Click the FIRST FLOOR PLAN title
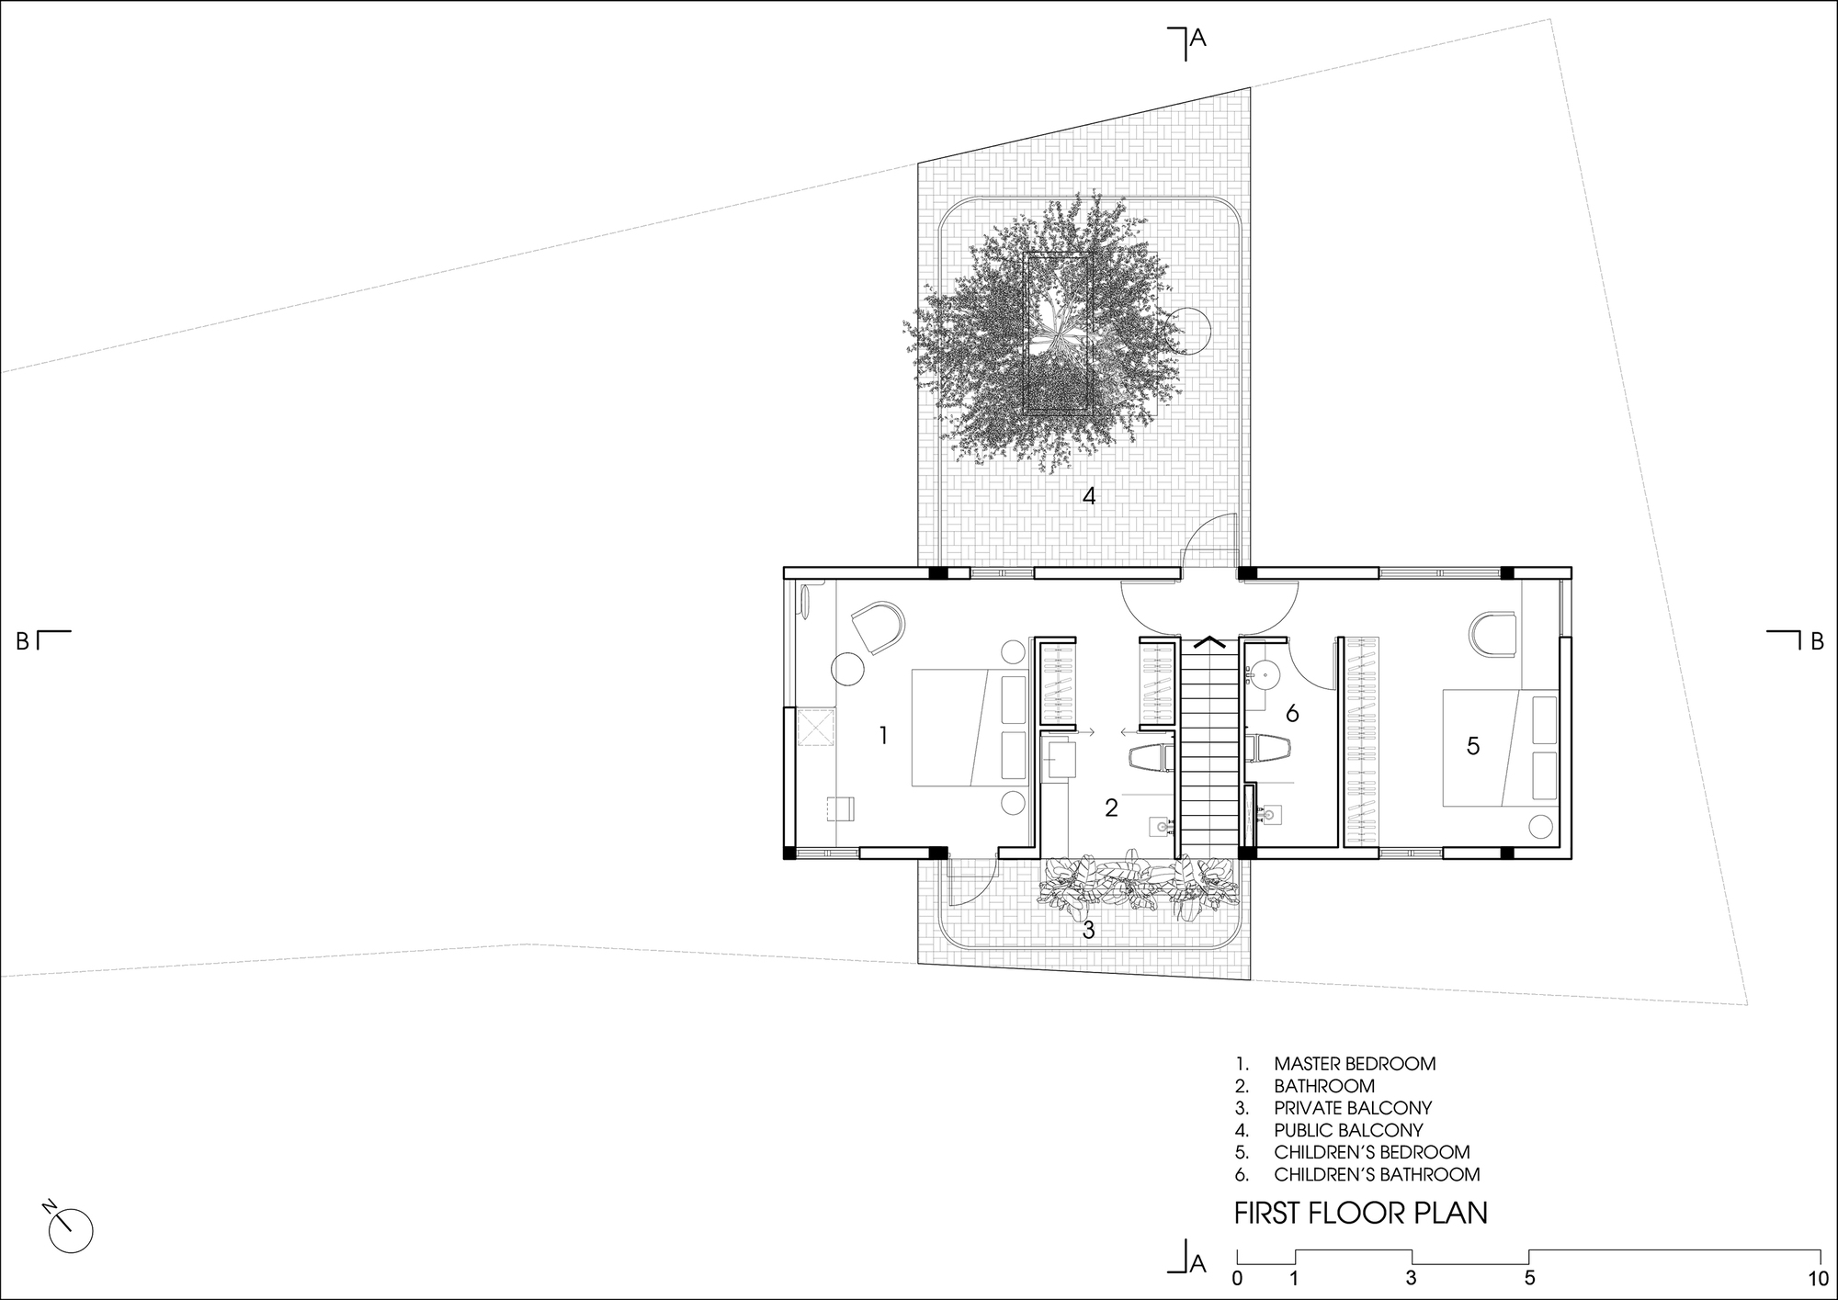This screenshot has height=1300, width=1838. pos(1360,1213)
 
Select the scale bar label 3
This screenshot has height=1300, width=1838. pos(1411,1278)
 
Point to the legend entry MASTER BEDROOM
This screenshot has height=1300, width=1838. pos(1354,1064)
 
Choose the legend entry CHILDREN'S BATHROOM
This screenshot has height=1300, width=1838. pos(1376,1174)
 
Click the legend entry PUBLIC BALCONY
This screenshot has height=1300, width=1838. pos(1347,1130)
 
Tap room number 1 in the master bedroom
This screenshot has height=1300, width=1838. pos(883,735)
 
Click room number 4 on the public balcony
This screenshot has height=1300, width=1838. pos(1089,496)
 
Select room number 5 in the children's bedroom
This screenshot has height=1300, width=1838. pos(1472,746)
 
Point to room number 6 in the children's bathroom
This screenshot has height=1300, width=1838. pos(1291,713)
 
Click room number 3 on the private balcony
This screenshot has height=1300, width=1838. pos(1088,930)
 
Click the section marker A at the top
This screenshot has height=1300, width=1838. pos(1197,38)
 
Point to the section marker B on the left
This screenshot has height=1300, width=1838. pos(23,641)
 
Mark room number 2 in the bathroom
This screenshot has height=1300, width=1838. pos(1111,808)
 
